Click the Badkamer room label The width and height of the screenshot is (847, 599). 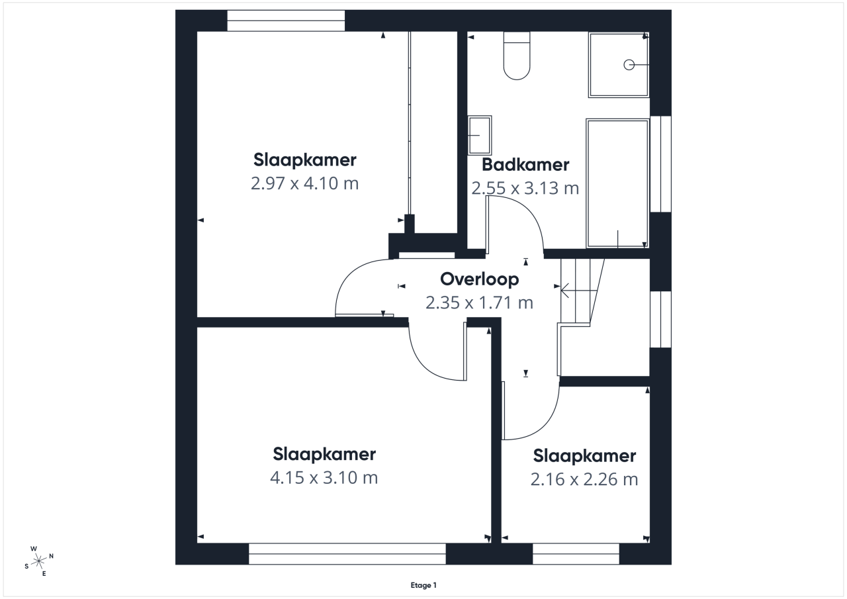point(525,165)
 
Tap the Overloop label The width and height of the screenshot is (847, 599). point(480,279)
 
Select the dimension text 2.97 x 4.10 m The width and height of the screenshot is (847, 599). point(305,183)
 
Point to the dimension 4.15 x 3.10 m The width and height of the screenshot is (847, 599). point(324,478)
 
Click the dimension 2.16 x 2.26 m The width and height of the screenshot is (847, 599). point(584,479)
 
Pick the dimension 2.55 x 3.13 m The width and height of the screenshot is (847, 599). point(525,189)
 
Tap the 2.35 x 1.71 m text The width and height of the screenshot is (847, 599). point(480,302)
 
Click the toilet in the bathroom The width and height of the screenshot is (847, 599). point(517,56)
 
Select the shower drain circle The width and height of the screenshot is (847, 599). point(629,65)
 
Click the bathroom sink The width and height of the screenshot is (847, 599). point(480,135)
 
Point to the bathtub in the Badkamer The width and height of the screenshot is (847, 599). point(617,183)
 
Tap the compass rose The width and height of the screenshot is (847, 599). point(39,561)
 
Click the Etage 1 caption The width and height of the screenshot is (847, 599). point(423,585)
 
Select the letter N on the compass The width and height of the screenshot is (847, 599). point(52,556)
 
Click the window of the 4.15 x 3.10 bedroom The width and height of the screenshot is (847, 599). point(347,554)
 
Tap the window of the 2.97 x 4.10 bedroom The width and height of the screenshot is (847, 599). point(286,21)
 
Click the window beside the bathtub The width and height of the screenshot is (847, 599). point(660,163)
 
